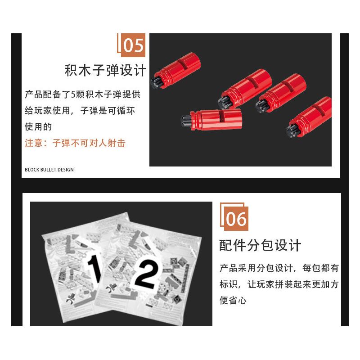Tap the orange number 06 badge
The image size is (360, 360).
click(x=236, y=219)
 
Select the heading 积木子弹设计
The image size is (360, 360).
click(x=105, y=71)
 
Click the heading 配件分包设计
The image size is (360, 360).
click(x=260, y=246)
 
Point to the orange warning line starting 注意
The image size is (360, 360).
click(x=75, y=143)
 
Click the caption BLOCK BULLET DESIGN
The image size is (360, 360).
click(x=49, y=170)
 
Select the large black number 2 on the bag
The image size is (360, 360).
click(x=145, y=272)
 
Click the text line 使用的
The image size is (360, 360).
click(x=38, y=127)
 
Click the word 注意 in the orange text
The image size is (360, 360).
click(x=33, y=143)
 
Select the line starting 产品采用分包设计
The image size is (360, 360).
click(x=279, y=269)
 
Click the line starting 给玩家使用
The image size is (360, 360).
click(x=80, y=111)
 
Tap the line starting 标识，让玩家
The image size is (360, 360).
click(x=279, y=284)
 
